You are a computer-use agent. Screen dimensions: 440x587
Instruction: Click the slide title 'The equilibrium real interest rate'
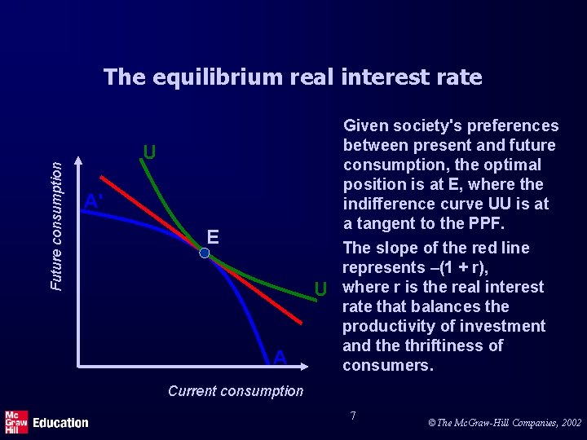[x=293, y=77]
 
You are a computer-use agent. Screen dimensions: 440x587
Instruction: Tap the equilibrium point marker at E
[x=205, y=253]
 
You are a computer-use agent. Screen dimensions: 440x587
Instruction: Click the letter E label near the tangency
[x=213, y=236]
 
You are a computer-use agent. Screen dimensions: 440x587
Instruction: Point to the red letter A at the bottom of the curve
[x=280, y=357]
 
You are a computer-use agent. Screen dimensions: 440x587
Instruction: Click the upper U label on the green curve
[x=149, y=152]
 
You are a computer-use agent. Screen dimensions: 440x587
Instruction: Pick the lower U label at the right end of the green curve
[x=320, y=288]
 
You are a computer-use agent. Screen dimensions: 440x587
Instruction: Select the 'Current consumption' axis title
[x=236, y=390]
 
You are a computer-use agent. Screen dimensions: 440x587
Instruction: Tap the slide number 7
[x=353, y=416]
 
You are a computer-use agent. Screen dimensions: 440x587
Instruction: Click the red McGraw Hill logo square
[x=15, y=420]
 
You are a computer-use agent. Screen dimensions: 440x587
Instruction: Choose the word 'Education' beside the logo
[x=60, y=422]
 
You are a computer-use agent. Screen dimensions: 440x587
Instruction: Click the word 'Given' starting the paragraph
[x=366, y=125]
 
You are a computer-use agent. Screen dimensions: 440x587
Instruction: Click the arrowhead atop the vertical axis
[x=77, y=161]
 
